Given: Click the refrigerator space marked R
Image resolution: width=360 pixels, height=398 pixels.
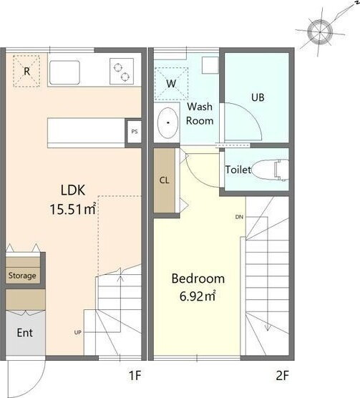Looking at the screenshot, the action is point(26,71).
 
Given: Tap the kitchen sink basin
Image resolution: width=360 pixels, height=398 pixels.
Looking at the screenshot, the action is point(64,72).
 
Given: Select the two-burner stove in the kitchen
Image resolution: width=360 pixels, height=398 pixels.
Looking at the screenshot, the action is point(122,72).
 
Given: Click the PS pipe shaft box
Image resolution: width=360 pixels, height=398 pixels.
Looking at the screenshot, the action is point(135,132).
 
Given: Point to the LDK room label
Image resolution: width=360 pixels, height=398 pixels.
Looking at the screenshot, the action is point(73,190).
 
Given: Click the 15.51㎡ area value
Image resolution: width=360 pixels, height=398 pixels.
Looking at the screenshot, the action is point(73,209).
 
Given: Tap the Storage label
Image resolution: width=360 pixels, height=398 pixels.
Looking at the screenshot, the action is point(22,276).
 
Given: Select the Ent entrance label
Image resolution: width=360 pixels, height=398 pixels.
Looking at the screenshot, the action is point(24,333).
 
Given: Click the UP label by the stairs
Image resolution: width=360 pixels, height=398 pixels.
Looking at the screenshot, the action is point(78,332).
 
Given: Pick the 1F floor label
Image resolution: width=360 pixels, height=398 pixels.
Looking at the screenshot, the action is point(135,375).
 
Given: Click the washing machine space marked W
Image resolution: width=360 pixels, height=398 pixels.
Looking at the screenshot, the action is point(171,84).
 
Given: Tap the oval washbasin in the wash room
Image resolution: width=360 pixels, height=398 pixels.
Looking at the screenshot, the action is point(167,123).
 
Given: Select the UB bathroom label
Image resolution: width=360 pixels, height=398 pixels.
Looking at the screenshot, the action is point(258,97).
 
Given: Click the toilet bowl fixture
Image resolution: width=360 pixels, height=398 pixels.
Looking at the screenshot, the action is point(271,170).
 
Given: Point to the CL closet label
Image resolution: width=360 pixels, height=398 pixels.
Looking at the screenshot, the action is point(164,180).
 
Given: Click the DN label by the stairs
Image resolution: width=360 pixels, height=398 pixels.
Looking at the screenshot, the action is point(239,217).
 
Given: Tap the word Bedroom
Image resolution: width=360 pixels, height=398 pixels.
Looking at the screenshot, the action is point(198,278).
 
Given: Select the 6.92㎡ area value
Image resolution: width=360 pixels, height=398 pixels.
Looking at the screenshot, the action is point(198,296).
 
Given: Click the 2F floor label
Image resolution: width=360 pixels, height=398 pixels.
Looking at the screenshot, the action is point(283,375).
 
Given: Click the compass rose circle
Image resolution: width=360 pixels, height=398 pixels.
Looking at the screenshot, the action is point(320,32).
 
